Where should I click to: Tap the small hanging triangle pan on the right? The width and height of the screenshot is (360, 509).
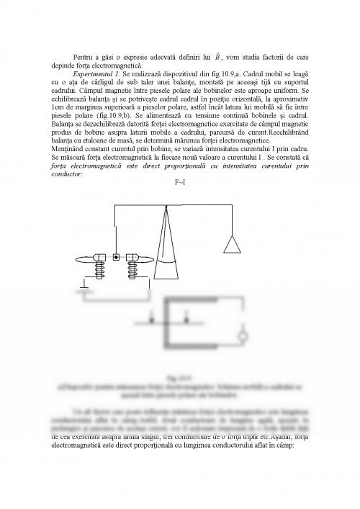pos(232,245)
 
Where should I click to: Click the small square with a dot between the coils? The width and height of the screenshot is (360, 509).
pos(116,257)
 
